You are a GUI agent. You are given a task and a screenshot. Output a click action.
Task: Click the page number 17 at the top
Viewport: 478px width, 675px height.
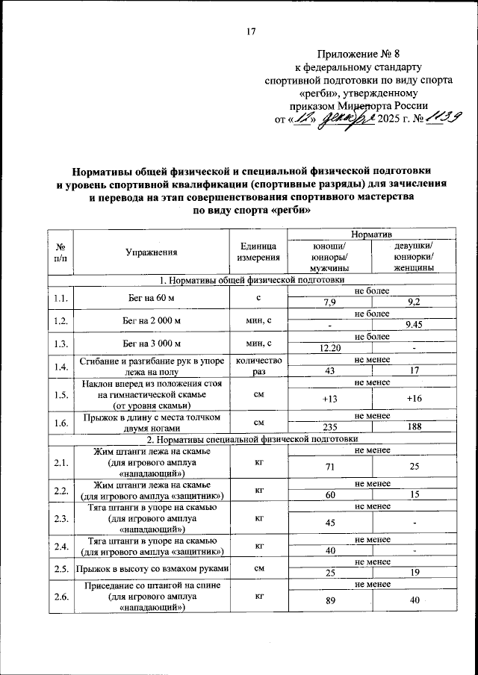click(251, 31)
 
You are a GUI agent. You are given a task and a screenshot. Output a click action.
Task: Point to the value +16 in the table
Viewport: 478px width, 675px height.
click(415, 399)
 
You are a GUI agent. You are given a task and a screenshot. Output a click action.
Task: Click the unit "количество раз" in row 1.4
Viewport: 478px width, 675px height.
click(258, 365)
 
